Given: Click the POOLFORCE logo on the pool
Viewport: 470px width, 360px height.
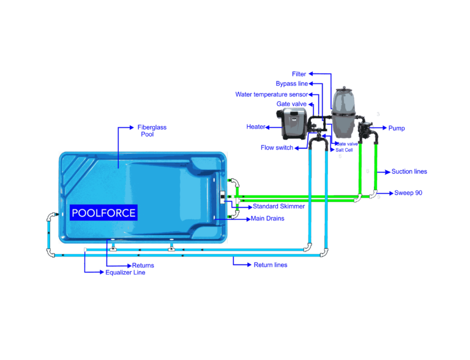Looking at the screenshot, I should pyautogui.click(x=103, y=212).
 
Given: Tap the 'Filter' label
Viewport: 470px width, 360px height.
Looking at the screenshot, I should pyautogui.click(x=299, y=73).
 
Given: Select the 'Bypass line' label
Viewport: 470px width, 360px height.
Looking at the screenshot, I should pyautogui.click(x=292, y=83).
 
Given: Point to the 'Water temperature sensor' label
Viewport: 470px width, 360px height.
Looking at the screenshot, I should pyautogui.click(x=271, y=94).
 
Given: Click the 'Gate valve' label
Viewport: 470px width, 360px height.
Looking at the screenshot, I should pyautogui.click(x=291, y=104).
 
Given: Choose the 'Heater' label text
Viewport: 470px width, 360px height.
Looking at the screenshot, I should pyautogui.click(x=256, y=126).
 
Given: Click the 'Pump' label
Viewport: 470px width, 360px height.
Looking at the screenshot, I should pyautogui.click(x=397, y=128).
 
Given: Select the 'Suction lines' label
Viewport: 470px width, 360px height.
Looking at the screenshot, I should pyautogui.click(x=409, y=172).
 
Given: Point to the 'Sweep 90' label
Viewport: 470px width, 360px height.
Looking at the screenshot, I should pyautogui.click(x=408, y=193).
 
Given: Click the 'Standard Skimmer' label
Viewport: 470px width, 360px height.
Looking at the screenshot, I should pyautogui.click(x=279, y=206).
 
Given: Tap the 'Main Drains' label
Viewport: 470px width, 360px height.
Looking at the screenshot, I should pyautogui.click(x=267, y=218).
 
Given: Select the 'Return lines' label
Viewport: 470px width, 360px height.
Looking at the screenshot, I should pyautogui.click(x=270, y=265).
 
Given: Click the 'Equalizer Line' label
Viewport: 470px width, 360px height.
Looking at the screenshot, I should pyautogui.click(x=125, y=272).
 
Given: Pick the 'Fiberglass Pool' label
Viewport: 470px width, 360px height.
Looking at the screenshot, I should pyautogui.click(x=151, y=130).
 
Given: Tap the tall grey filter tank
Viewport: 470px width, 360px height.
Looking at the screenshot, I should pyautogui.click(x=344, y=113).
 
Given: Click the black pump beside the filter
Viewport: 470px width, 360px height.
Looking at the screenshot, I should pyautogui.click(x=368, y=130).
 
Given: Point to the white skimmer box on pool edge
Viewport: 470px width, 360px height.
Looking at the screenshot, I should pyautogui.click(x=222, y=197).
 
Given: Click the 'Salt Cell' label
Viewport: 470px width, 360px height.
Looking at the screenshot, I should pyautogui.click(x=345, y=149).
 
